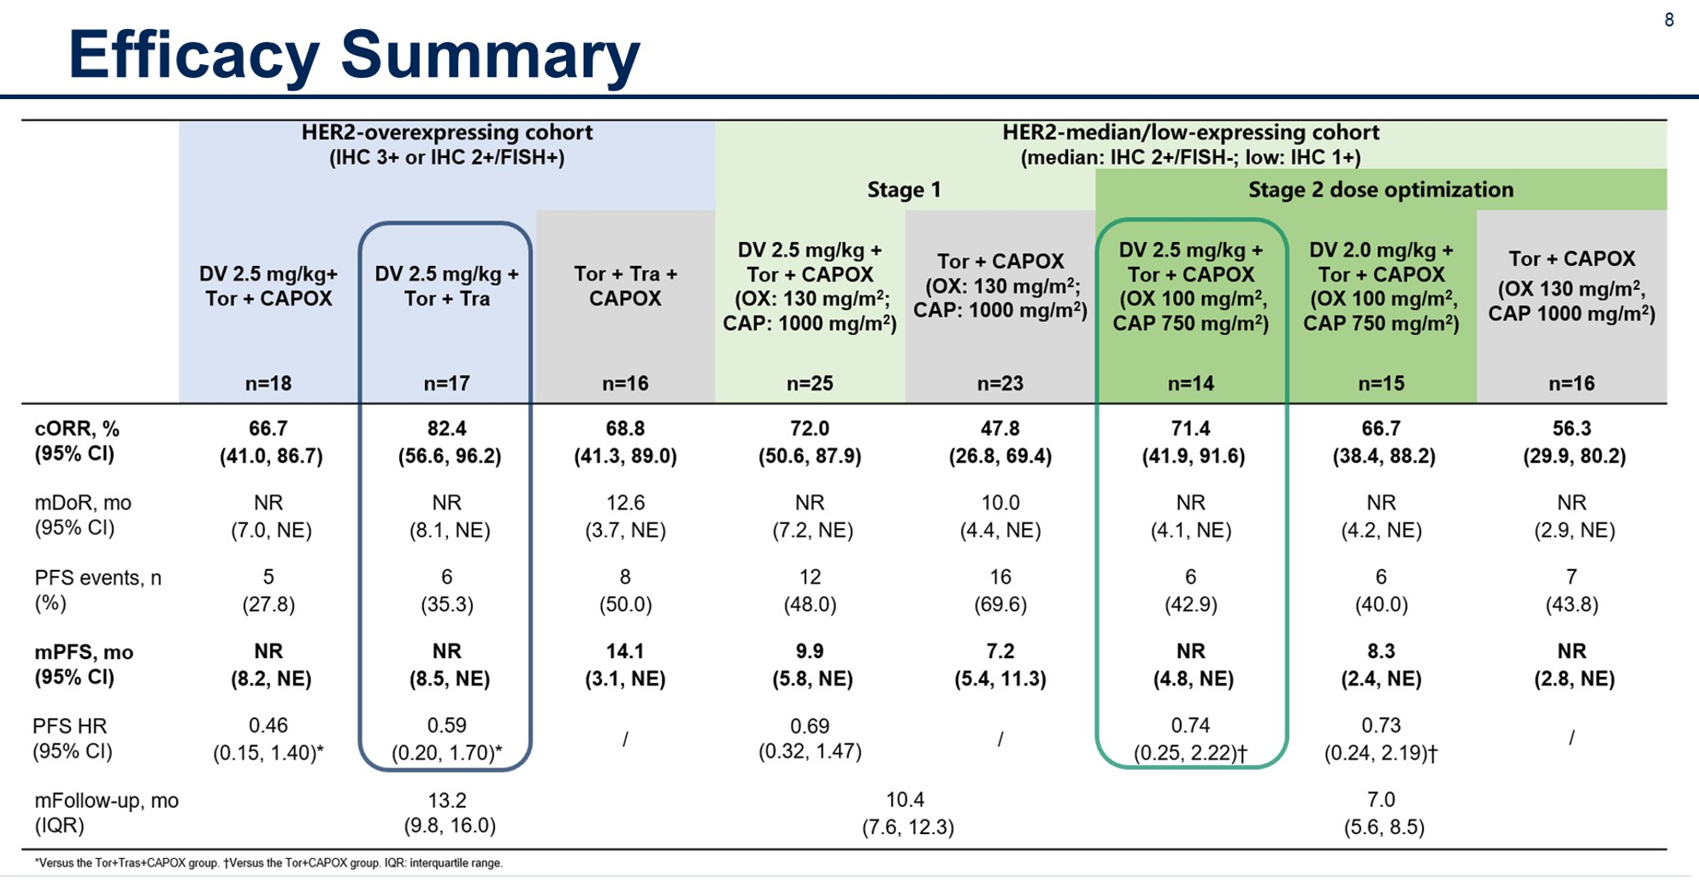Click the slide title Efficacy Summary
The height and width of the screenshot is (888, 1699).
click(354, 55)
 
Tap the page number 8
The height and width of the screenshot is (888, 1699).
click(1668, 21)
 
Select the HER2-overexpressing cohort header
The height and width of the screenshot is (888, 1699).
click(446, 133)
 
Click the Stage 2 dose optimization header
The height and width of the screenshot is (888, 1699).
click(1380, 190)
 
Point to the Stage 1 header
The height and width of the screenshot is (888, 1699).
click(904, 190)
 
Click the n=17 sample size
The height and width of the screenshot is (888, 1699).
click(446, 384)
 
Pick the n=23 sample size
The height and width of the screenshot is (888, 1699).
click(1000, 384)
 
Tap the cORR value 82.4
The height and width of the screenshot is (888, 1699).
click(446, 429)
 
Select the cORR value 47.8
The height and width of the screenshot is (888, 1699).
click(1000, 429)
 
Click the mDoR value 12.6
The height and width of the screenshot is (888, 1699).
click(625, 503)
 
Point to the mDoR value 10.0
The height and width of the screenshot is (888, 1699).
click(1000, 503)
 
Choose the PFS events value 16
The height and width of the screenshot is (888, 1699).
click(1000, 578)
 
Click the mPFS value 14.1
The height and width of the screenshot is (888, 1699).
click(625, 651)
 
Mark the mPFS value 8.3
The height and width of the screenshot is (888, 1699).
click(1380, 651)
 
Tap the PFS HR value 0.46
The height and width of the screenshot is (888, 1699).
click(268, 726)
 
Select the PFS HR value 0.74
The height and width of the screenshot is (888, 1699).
click(1190, 726)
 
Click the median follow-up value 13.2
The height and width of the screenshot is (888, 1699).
click(446, 800)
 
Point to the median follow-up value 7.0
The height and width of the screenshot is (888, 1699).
click(1380, 800)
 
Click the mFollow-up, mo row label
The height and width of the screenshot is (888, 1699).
click(106, 801)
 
